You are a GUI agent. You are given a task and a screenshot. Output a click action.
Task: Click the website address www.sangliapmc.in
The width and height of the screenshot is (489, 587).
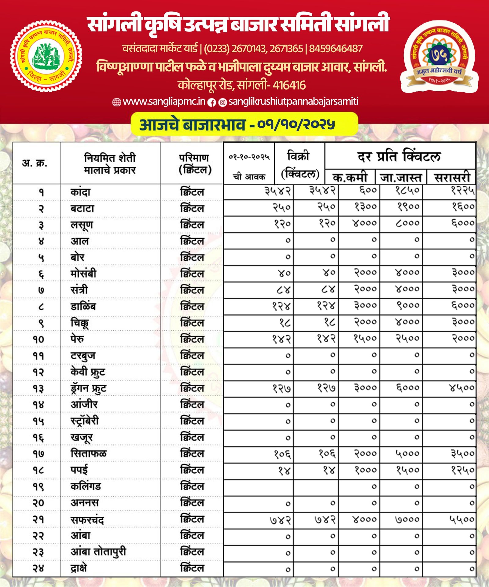pyautogui.click(x=164, y=101)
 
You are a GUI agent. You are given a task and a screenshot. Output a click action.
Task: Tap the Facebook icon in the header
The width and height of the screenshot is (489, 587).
pyautogui.click(x=211, y=103)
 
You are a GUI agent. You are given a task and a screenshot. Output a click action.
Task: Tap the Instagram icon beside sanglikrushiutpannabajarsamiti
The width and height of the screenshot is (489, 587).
pyautogui.click(x=223, y=103)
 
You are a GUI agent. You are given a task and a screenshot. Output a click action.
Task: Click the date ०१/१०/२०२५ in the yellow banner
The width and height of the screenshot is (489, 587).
pyautogui.click(x=296, y=124)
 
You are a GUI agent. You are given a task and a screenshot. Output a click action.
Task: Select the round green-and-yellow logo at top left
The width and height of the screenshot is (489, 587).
pyautogui.click(x=46, y=56)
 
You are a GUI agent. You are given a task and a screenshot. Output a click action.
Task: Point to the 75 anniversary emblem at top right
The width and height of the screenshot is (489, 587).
pyautogui.click(x=439, y=56)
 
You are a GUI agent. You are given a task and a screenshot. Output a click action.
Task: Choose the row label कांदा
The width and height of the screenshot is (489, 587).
pyautogui.click(x=80, y=192)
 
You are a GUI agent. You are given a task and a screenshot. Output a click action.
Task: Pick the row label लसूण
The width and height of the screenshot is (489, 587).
pyautogui.click(x=82, y=225)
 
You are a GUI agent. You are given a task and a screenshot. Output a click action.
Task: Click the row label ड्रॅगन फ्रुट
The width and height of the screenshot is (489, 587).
pyautogui.click(x=88, y=388)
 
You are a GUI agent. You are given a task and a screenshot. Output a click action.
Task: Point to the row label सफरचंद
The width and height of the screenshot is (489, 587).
pyautogui.click(x=87, y=519)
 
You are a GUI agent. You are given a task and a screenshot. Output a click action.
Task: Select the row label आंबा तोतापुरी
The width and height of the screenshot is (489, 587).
pyautogui.click(x=98, y=552)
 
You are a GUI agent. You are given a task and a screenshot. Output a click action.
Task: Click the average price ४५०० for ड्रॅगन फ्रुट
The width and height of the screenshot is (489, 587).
pyautogui.click(x=461, y=388)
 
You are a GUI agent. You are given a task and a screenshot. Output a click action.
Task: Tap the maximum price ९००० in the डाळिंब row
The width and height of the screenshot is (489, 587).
pyautogui.click(x=408, y=305)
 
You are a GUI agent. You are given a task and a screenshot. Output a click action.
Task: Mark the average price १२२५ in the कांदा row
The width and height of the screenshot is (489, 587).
pyautogui.click(x=462, y=191)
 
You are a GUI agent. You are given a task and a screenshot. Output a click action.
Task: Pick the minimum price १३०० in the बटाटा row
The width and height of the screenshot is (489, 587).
pyautogui.click(x=366, y=207)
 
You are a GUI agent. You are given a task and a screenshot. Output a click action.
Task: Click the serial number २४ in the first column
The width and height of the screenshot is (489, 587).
pyautogui.click(x=39, y=568)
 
